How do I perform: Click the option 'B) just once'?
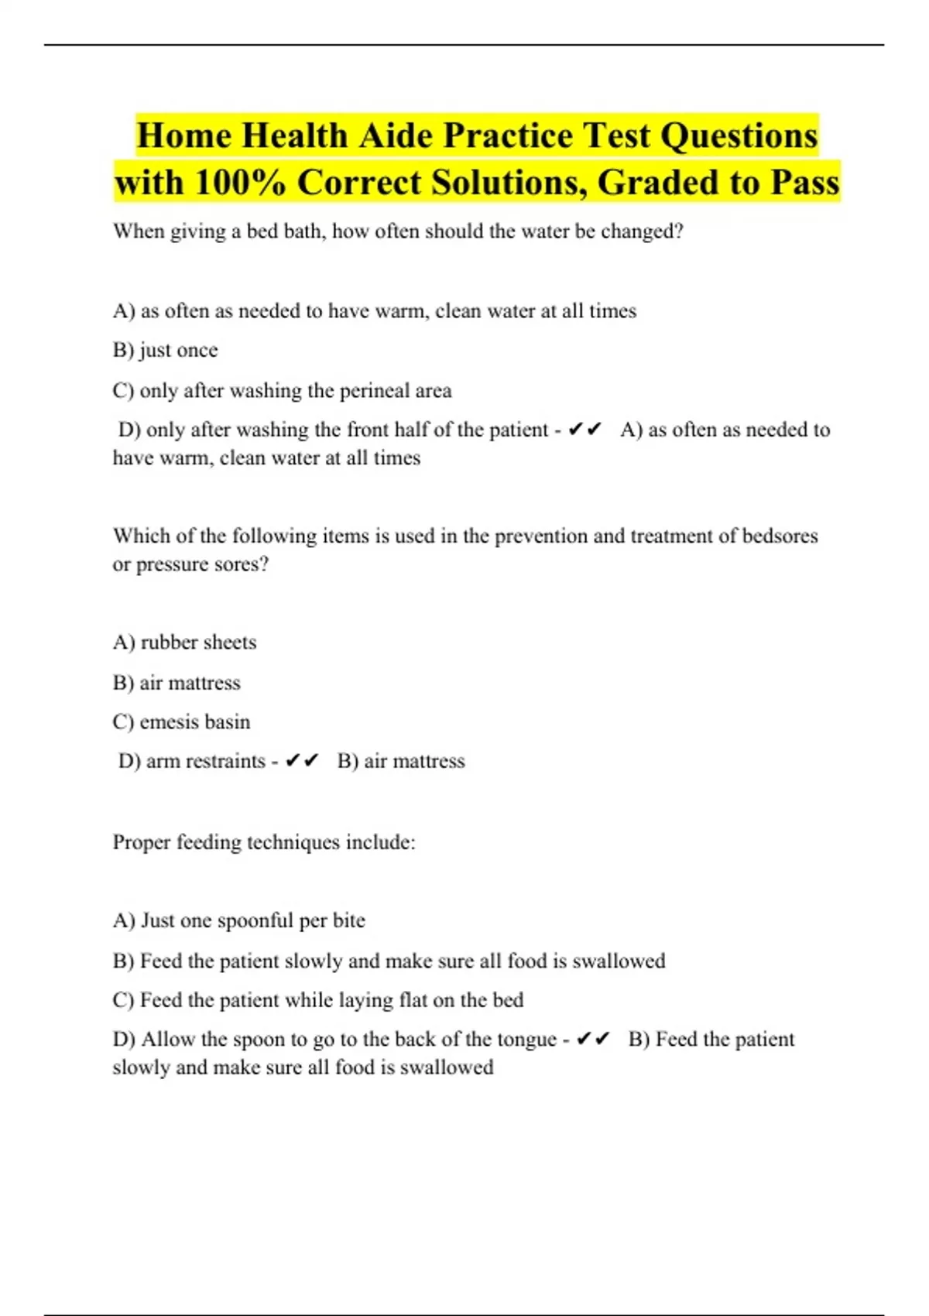point(165,350)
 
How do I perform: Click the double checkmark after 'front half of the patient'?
point(584,430)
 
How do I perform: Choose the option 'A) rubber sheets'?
point(184,642)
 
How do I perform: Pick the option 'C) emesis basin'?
point(181,721)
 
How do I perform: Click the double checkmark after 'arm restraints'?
point(302,761)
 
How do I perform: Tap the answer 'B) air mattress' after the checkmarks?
point(401,761)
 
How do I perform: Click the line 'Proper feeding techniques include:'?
point(264,841)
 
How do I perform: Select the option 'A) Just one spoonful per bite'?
point(238,920)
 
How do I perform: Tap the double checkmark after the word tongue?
point(594,1039)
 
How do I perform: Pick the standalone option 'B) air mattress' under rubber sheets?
point(177,682)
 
